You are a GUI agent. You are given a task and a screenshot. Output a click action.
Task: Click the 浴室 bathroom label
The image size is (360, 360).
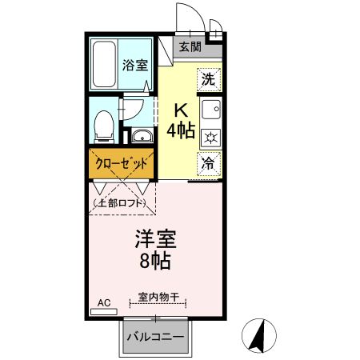click(135, 66)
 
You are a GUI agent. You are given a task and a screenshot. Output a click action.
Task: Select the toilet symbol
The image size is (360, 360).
click(102, 125)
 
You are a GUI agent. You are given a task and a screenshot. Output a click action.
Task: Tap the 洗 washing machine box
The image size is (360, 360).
click(209, 79)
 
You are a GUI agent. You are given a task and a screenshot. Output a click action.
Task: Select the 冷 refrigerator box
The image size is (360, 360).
click(209, 163)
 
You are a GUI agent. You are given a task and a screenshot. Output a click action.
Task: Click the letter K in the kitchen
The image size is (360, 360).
click(181, 110)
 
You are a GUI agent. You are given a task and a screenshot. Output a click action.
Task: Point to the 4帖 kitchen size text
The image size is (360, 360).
click(181, 130)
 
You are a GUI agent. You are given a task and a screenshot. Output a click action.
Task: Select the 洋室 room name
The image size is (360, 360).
click(155, 238)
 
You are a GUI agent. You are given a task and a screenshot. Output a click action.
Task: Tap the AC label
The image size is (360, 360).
click(103, 302)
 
